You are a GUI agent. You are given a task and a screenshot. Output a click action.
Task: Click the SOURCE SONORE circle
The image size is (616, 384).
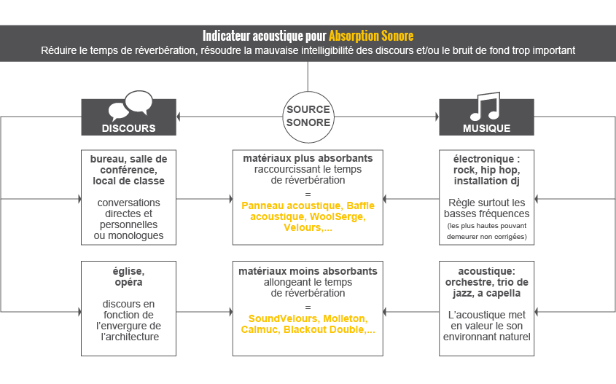308,93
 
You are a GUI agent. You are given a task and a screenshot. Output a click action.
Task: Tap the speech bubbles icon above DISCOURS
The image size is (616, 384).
130,106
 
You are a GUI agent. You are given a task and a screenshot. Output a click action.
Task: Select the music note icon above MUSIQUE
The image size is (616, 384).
486,106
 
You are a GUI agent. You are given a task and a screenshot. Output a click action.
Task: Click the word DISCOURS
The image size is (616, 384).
128,128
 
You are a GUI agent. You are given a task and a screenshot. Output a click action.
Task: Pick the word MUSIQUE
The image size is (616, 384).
486,128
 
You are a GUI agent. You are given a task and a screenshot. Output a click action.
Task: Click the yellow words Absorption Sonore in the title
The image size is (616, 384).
371,36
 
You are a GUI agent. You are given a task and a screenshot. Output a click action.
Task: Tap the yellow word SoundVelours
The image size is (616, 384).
279,318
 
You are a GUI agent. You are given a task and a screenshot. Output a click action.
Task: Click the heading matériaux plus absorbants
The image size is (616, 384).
308,158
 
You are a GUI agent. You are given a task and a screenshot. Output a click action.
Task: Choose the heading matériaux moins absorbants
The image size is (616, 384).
308,271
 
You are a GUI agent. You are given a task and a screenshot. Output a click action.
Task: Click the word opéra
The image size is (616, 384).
128,283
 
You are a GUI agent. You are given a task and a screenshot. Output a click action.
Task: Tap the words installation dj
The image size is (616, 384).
486,181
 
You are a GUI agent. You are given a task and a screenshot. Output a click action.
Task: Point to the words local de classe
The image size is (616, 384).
128,181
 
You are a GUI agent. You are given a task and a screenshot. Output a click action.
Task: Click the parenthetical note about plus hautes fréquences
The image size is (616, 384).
486,231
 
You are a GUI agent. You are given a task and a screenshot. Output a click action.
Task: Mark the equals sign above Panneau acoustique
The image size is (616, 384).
308,195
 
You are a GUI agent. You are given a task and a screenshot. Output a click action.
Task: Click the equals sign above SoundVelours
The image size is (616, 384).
308,307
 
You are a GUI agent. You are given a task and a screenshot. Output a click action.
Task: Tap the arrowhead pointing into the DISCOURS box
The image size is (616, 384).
179,117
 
